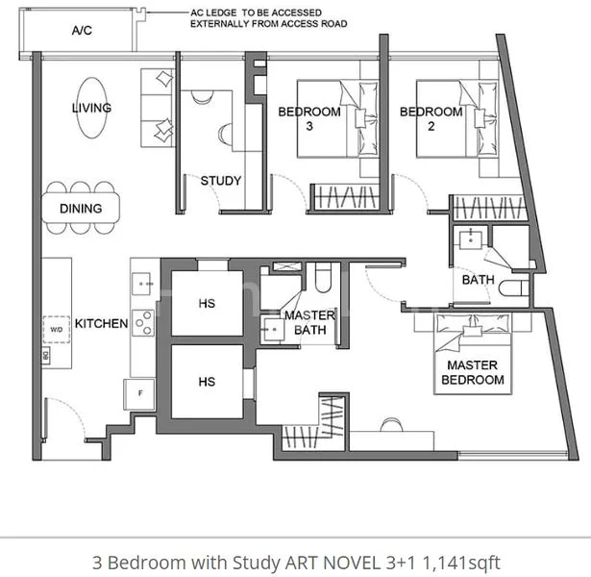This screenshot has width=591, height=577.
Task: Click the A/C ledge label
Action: [x=82, y=31]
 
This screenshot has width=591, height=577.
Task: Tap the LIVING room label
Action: [x=91, y=108]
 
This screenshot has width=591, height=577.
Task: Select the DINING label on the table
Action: [x=81, y=209]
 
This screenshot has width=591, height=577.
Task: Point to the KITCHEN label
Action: [x=102, y=323]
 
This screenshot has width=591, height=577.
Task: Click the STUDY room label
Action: [x=220, y=180]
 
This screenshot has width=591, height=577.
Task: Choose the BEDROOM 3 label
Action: [x=309, y=118]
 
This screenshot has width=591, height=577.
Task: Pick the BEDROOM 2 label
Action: [x=431, y=118]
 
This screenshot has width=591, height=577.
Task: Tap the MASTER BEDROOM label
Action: [x=472, y=372]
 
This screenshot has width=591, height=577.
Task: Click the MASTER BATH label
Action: [x=309, y=323]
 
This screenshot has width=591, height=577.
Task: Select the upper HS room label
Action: [x=207, y=303]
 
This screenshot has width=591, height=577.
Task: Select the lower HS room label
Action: [x=207, y=382]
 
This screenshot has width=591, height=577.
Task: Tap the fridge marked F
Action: [x=138, y=393]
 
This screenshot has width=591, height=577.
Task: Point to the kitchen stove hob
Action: [x=144, y=320]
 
